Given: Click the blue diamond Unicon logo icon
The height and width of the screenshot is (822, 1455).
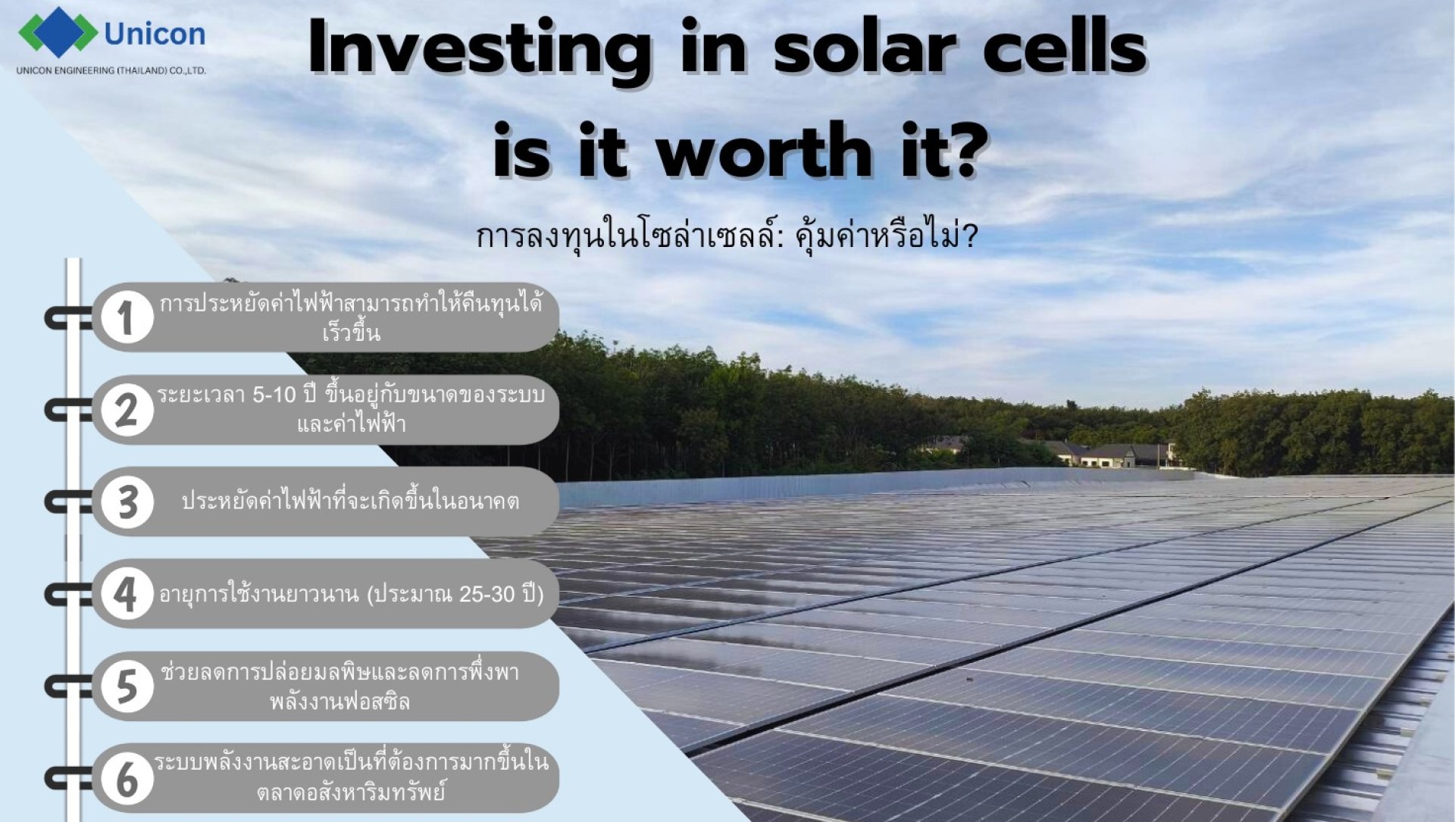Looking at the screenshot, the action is (x=58, y=33).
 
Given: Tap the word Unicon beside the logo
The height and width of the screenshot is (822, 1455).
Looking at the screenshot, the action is (x=155, y=34).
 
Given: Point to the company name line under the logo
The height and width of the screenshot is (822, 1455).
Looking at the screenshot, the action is (x=111, y=70).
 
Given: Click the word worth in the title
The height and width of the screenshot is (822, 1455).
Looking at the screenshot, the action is (x=764, y=150).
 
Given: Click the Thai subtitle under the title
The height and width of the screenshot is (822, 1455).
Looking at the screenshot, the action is (x=727, y=236).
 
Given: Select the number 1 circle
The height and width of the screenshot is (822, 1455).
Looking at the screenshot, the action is (x=127, y=317).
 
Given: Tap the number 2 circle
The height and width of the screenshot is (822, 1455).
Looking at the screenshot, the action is (x=127, y=410).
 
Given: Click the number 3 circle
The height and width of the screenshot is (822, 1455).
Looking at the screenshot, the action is (x=127, y=502).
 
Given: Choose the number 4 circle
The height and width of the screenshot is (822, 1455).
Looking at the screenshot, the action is (x=127, y=594).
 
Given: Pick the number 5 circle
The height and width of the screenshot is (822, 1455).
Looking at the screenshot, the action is (x=127, y=686).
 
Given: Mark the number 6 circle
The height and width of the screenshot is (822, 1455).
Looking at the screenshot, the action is (x=127, y=779).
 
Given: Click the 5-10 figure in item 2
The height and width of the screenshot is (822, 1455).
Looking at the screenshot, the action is (x=274, y=395).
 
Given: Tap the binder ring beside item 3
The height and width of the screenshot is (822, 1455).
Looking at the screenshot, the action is (x=67, y=502).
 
